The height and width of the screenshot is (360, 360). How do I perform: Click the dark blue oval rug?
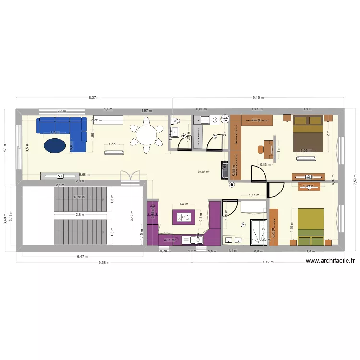[x=56, y=144]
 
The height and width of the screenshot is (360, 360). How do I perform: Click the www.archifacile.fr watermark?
[x=330, y=261]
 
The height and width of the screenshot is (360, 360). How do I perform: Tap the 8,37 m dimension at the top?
[x=94, y=97]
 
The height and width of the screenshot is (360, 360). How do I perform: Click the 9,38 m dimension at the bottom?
[x=104, y=263]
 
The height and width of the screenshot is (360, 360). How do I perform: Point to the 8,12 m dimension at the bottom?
[x=267, y=263]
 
